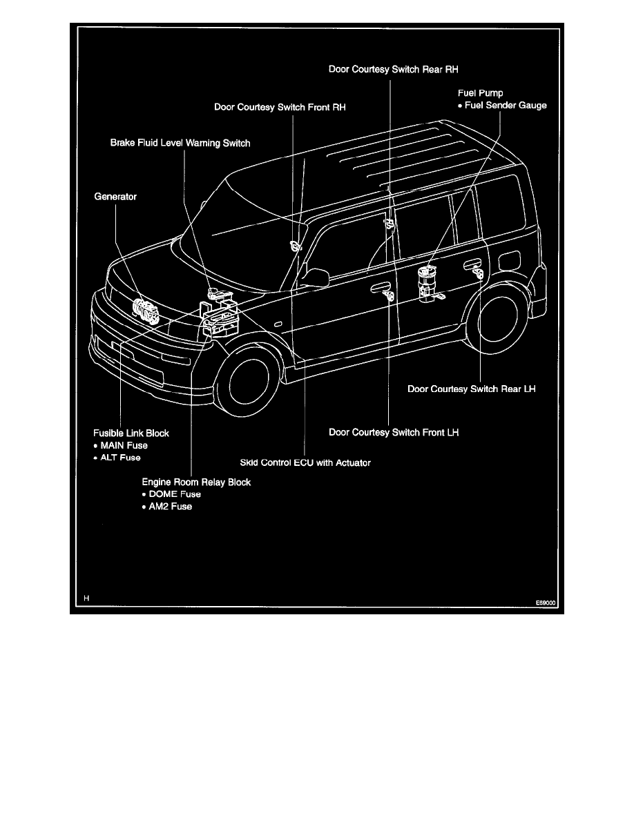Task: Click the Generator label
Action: tap(115, 197)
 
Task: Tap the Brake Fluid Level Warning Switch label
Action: tap(180, 144)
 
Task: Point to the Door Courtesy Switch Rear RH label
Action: tap(394, 70)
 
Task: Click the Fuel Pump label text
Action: tap(481, 93)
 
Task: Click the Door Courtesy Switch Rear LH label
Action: tap(472, 389)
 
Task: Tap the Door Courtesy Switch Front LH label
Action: tap(394, 433)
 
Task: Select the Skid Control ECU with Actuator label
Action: tap(305, 462)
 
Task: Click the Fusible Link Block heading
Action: tap(131, 433)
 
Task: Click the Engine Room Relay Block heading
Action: tap(196, 482)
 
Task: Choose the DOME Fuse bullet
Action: tap(171, 494)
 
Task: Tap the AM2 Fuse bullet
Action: tap(167, 507)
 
